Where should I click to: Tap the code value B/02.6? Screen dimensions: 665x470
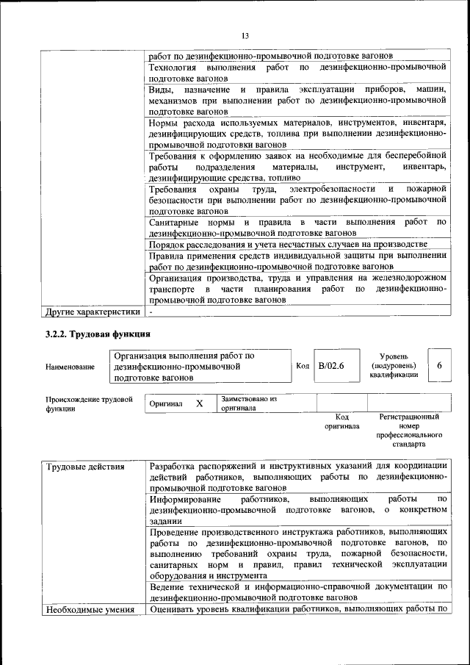tap(330, 365)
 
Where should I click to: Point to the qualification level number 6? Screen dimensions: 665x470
tap(439, 365)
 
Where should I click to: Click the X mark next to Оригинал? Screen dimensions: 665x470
tap(199, 403)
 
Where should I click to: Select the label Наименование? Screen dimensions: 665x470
tap(70, 366)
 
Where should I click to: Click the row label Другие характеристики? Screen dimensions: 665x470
tap(92, 312)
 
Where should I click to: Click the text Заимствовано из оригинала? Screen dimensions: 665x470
tap(249, 403)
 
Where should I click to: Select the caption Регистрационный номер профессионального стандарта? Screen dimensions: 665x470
tap(408, 431)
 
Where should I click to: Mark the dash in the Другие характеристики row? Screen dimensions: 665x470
tap(151, 312)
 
